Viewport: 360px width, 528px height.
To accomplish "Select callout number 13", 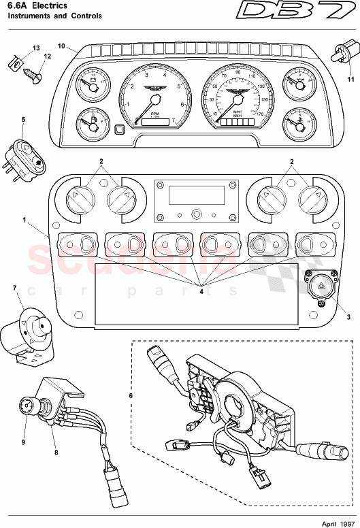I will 18,48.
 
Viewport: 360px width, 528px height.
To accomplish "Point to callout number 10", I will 61,47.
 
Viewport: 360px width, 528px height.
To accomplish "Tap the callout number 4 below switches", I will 201,291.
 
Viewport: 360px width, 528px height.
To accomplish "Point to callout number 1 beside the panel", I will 24,220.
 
